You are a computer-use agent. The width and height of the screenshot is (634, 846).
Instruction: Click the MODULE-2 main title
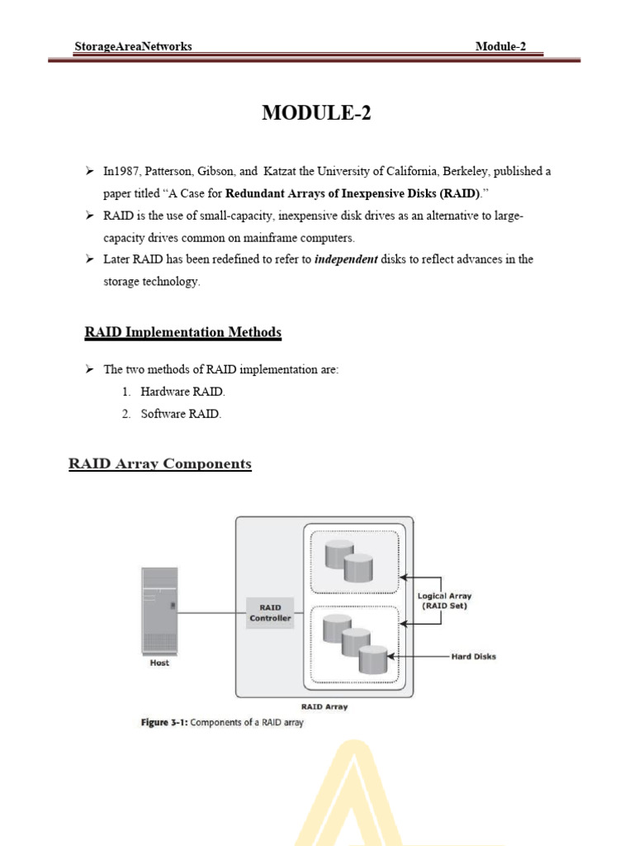[x=316, y=114]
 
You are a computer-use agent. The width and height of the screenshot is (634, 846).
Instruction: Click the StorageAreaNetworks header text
[x=132, y=46]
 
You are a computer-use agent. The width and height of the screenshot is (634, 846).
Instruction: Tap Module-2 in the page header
[x=500, y=46]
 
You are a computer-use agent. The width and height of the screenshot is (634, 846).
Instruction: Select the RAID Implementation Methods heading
[x=182, y=332]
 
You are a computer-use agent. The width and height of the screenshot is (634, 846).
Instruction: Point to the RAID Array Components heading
[x=159, y=463]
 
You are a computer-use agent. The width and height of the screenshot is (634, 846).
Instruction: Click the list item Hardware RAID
[x=182, y=392]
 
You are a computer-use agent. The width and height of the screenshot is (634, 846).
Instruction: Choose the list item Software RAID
[x=180, y=414]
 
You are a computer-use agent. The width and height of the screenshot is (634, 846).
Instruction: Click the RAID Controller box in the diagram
[x=270, y=612]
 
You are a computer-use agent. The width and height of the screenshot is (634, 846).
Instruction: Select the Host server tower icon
[x=158, y=610]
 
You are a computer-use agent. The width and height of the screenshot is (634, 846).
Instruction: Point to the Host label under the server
[x=158, y=663]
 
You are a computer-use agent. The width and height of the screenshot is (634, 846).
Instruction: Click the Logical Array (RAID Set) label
[x=445, y=601]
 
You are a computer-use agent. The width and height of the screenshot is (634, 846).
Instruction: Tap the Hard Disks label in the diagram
[x=473, y=657]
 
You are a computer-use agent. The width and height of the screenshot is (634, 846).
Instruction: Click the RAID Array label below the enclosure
[x=324, y=706]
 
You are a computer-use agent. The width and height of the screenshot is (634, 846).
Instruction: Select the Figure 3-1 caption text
[x=220, y=723]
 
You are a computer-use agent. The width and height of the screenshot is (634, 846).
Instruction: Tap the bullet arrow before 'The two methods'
[x=90, y=369]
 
